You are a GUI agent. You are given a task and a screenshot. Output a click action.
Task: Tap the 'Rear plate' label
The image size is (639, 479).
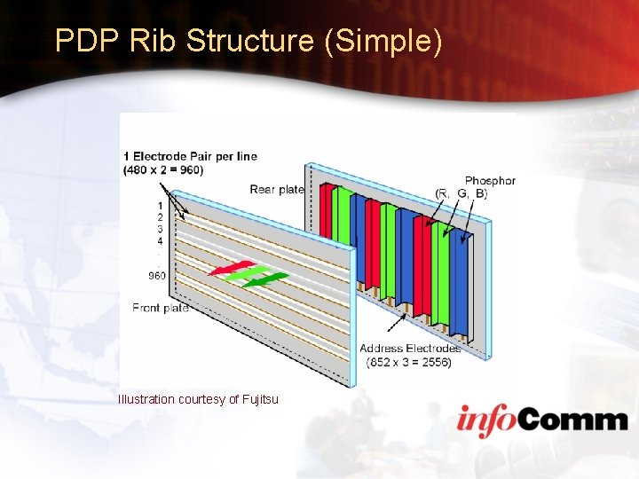tap(277, 189)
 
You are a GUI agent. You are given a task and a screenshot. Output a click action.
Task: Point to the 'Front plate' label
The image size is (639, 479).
tap(161, 308)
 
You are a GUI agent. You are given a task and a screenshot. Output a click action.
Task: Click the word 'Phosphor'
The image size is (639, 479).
tap(490, 181)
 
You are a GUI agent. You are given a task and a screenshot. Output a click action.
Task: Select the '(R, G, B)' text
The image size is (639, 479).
tap(461, 193)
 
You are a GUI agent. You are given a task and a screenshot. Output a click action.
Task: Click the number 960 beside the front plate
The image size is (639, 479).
tap(156, 276)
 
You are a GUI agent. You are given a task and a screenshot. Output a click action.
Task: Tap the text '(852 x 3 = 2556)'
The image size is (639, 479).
tap(407, 362)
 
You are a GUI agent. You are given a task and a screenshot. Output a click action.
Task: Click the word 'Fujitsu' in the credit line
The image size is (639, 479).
tap(259, 399)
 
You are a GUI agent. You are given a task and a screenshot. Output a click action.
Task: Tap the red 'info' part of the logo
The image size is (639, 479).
tap(489, 419)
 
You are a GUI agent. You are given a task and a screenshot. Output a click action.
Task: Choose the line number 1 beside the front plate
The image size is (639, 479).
tap(160, 206)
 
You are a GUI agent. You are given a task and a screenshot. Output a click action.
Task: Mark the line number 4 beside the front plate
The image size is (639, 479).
tap(160, 240)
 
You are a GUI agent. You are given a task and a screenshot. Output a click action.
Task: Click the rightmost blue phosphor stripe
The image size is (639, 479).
tap(459, 284)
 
